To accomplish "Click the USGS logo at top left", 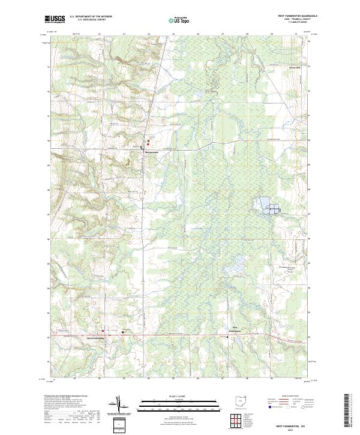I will tap(55, 20).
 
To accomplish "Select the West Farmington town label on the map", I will tap(95, 337).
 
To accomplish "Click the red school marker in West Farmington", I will tap(103, 331).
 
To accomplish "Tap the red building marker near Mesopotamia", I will tap(148, 145).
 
